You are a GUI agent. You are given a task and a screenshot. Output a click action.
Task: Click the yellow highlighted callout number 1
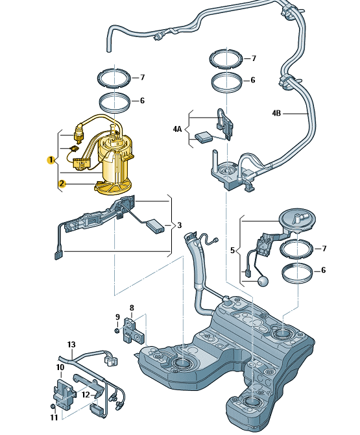coord(51,160)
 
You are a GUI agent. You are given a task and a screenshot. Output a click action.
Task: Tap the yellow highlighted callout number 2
coord(62,183)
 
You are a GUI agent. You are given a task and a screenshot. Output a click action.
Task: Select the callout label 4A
coord(177,129)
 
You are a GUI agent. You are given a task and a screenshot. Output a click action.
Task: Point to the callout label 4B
coord(276,113)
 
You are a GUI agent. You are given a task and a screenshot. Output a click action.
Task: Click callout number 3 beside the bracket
coord(179,225)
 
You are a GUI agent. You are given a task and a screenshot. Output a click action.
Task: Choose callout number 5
coord(232,250)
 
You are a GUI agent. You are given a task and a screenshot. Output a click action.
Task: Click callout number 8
coord(132,308)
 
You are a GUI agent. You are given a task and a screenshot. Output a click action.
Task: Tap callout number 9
coord(117,317)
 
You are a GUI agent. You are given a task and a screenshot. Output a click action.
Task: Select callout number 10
coord(60,367)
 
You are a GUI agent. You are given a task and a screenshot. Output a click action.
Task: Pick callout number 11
coord(54,417)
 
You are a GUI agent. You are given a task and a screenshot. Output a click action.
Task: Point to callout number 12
coord(86,395)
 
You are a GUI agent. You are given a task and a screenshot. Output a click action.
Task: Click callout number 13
coord(71,345)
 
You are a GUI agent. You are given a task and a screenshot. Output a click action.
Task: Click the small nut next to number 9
coord(117,330)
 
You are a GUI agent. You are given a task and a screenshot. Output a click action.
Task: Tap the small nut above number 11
coord(53,406)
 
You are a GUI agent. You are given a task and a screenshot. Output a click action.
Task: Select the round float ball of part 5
coord(263,281)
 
